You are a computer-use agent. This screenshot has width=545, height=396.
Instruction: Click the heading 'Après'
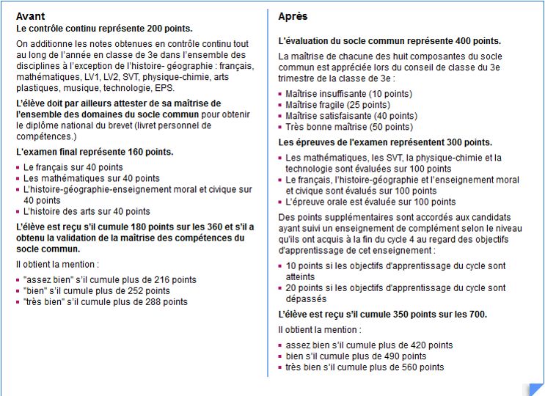click(x=293, y=16)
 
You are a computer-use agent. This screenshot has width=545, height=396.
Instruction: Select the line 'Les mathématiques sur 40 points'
click(x=91, y=178)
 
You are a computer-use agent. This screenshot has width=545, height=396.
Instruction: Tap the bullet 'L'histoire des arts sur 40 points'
click(x=87, y=211)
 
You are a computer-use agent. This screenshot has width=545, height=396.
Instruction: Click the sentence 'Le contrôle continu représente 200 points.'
click(x=104, y=29)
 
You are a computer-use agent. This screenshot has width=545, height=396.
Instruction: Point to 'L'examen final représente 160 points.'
click(x=95, y=152)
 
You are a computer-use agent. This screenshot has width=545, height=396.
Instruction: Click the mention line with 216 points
click(x=110, y=279)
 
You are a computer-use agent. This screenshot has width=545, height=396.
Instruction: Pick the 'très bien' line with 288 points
click(x=106, y=301)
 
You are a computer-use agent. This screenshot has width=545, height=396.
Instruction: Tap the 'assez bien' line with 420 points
click(x=369, y=345)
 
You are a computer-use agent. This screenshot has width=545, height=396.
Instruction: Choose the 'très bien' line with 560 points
click(x=365, y=367)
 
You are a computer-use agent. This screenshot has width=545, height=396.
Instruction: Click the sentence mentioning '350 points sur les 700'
click(x=382, y=314)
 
